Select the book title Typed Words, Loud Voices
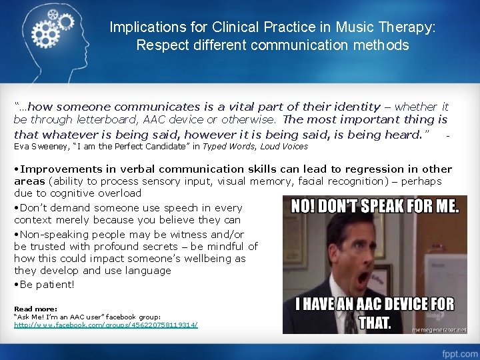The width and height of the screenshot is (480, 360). (256, 146)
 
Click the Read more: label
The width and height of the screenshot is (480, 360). (35, 309)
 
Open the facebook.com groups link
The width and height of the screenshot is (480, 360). (106, 325)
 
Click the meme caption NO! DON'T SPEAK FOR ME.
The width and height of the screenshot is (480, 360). (375, 205)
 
